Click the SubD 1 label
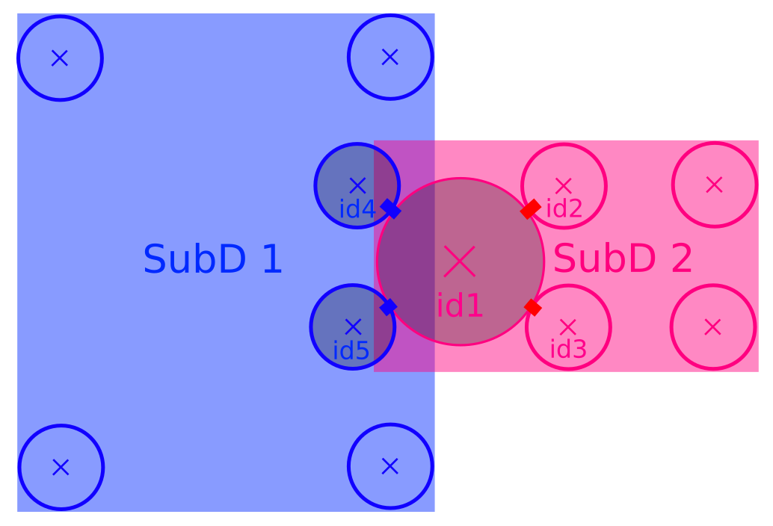tap(212, 260)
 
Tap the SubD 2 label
tap(622, 259)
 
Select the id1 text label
tap(460, 306)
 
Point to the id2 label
tap(564, 209)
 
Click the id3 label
tap(568, 349)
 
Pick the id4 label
tap(357, 210)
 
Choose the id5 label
tap(351, 350)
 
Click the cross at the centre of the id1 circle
tap(460, 261)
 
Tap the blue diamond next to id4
tap(391, 209)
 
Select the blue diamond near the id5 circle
tap(388, 306)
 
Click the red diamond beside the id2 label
tap(530, 209)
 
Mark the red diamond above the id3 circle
tap(532, 307)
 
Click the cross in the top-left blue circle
tap(60, 58)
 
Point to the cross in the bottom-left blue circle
tap(61, 467)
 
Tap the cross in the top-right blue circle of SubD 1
tap(390, 57)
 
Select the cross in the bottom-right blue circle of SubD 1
tap(390, 466)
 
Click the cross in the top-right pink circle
tap(714, 184)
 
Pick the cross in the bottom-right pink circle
tap(712, 327)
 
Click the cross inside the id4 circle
tap(357, 185)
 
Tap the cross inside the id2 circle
tap(564, 185)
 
